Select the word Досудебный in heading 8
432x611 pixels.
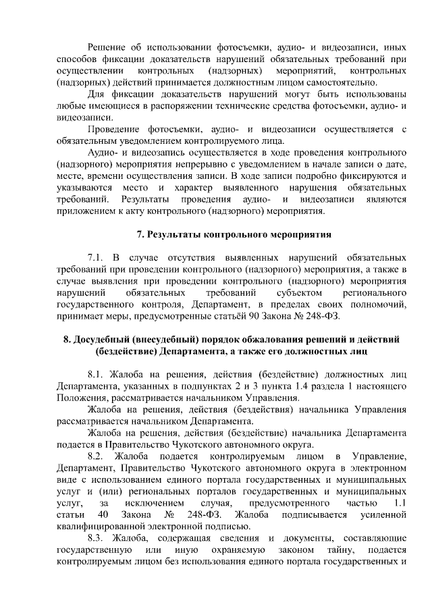[103, 339]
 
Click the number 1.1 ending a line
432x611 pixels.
[398, 504]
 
